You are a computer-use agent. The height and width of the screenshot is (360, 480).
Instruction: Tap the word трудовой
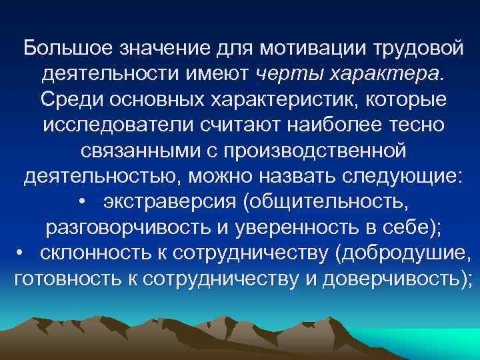tap(418, 48)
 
